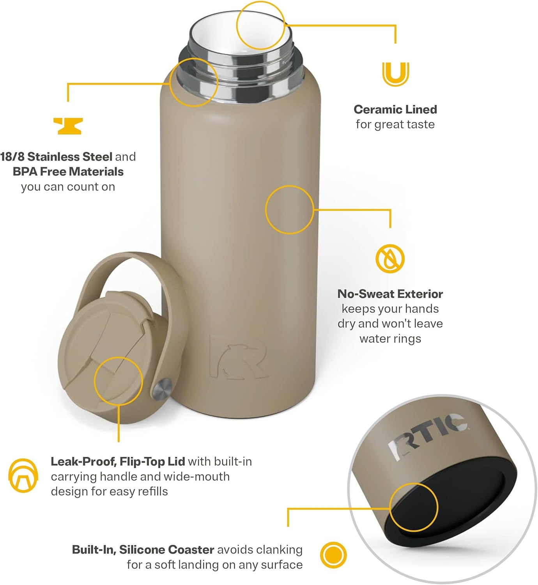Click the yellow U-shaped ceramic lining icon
(x=395, y=74)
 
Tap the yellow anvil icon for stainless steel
(x=68, y=126)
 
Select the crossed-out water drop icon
(x=390, y=259)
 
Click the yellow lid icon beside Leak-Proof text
(x=23, y=475)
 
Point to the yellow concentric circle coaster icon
(x=333, y=555)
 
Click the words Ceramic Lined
(x=395, y=110)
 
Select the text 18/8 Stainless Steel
(x=56, y=157)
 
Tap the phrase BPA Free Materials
(x=68, y=172)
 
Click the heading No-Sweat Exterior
(x=390, y=294)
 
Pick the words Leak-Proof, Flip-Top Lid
(x=118, y=462)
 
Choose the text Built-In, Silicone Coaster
(x=143, y=550)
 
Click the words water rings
(x=390, y=339)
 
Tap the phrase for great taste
(x=395, y=124)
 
